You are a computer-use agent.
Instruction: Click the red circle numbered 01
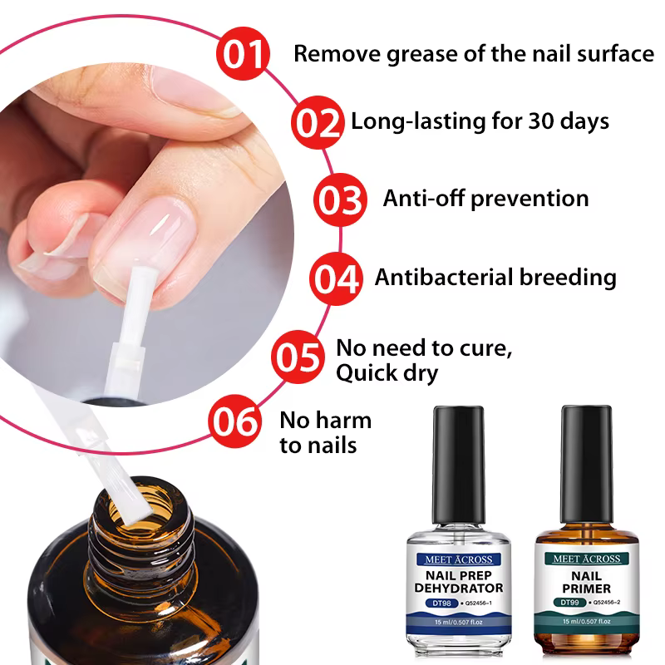243,53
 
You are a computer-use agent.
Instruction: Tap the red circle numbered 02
318,122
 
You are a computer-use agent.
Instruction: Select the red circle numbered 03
340,199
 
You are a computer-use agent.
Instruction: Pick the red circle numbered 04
336,278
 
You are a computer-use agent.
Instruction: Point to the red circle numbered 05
298,357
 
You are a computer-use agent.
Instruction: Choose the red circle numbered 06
235,421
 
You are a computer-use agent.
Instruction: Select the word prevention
530,199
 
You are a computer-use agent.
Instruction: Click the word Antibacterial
444,277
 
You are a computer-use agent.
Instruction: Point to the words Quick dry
387,373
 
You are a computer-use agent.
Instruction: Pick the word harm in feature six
342,421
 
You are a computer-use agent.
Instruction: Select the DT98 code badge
442,603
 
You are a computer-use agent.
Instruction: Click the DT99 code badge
569,602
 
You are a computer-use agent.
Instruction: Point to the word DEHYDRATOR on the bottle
459,589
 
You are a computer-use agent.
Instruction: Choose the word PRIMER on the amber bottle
587,589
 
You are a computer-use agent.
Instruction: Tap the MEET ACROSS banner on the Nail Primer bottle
587,559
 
